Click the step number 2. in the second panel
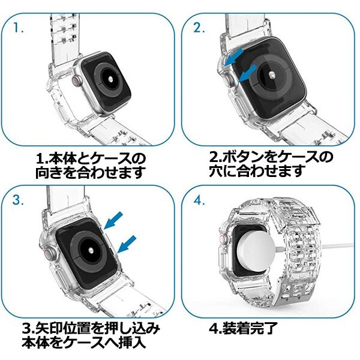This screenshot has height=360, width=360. [199, 28]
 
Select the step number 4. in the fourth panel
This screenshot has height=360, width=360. [199, 200]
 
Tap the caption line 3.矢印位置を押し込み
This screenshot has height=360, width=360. [91, 329]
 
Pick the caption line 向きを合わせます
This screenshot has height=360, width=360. [91, 173]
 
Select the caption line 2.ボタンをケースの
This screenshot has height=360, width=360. [271, 158]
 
